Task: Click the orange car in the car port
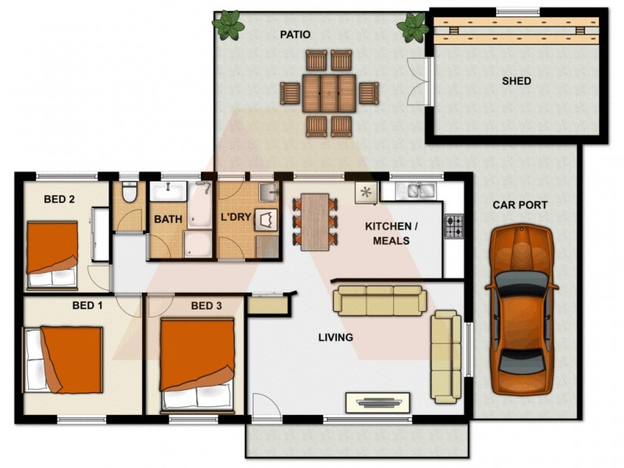(522, 310)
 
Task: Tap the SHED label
(516, 81)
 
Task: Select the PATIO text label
(296, 34)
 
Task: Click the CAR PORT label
(519, 205)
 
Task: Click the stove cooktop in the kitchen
(454, 225)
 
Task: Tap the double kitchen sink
(417, 190)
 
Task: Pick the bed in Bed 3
(197, 363)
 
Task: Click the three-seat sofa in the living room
(380, 300)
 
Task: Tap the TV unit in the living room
(378, 402)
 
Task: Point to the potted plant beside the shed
(413, 27)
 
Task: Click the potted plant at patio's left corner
(229, 24)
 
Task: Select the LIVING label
(335, 338)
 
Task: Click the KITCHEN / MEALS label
(392, 233)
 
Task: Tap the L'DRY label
(236, 217)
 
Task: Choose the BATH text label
(168, 220)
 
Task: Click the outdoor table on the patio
(328, 93)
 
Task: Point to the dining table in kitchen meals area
(315, 222)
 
